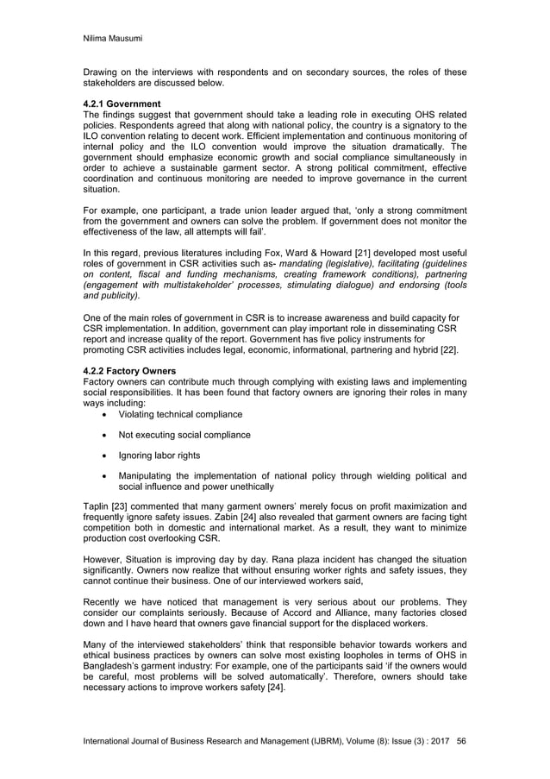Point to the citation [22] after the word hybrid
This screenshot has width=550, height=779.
pyautogui.click(x=448, y=349)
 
